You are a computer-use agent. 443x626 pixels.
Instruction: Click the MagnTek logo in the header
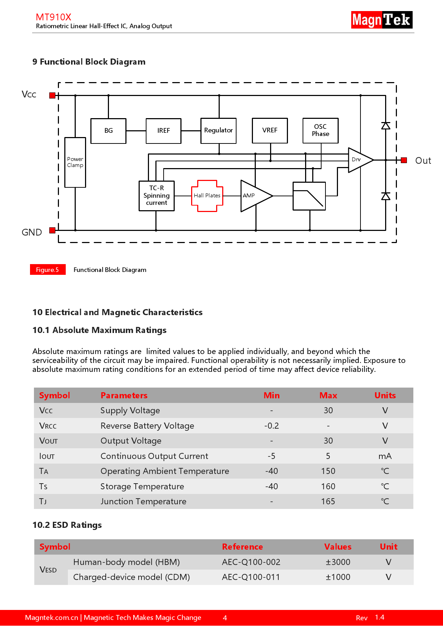point(382,20)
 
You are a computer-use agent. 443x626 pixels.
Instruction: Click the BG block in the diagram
point(108,131)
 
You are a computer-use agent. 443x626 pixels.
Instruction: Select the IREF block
point(163,131)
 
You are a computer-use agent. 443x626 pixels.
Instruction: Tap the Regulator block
point(218,131)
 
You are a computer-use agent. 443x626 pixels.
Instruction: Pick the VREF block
point(270,131)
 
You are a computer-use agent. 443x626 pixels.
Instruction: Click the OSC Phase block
point(320,131)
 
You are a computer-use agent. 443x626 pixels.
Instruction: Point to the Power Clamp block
point(75,162)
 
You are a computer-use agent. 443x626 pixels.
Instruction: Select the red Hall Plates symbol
point(207,196)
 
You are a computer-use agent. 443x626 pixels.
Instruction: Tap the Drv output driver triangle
point(359,160)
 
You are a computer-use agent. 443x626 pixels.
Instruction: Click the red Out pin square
point(404,160)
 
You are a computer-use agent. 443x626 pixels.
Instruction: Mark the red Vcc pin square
point(52,95)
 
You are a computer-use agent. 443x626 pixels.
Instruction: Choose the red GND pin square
point(52,230)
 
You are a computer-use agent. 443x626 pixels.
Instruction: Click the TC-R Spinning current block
point(156,196)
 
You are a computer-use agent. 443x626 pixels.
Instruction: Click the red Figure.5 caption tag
point(48,270)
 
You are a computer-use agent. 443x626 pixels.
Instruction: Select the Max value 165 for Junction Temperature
point(328,501)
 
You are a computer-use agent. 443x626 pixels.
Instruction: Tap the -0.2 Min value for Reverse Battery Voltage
point(272,426)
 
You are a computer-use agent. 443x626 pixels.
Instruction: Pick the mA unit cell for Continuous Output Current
point(385,456)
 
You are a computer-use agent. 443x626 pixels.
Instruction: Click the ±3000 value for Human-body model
point(338,562)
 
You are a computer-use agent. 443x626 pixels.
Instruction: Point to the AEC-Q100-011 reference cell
point(251,577)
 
